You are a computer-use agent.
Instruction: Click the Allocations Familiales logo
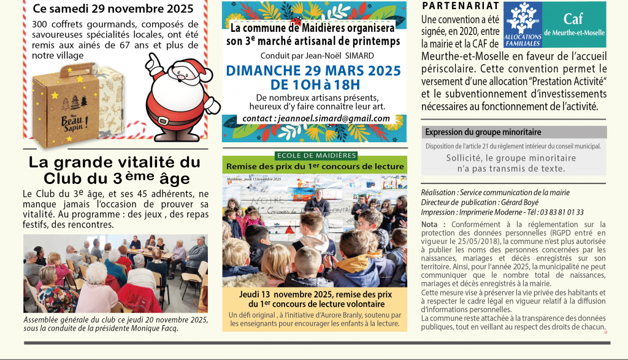point(522,25)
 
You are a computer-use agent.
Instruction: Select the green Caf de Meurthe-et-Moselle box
point(574,24)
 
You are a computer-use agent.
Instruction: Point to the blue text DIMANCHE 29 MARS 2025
point(315,71)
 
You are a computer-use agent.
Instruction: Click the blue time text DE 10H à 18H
point(315,85)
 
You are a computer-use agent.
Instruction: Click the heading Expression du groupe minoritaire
point(483,132)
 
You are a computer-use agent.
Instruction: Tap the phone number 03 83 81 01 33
point(561,212)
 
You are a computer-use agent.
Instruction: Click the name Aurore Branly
point(316,315)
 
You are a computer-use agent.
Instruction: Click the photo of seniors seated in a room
point(115,273)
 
